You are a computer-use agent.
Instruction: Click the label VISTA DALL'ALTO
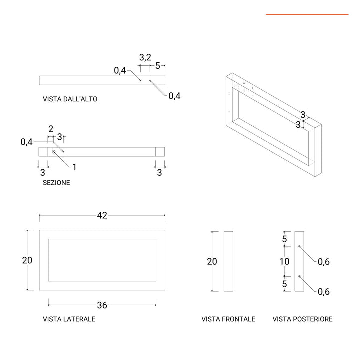click(x=70, y=99)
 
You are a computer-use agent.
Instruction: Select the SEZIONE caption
click(x=56, y=183)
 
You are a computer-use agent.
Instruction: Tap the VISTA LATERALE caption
click(x=69, y=319)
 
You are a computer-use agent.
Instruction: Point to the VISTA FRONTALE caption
click(x=228, y=319)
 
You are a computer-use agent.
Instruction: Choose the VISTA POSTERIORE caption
click(x=302, y=319)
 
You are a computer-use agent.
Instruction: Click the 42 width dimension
click(x=102, y=215)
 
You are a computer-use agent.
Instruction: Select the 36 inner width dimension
click(x=102, y=305)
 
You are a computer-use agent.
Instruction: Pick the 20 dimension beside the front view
click(x=212, y=261)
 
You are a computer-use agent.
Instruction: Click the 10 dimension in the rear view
click(x=284, y=261)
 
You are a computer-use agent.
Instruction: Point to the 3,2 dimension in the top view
click(x=145, y=57)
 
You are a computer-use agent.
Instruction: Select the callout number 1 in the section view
click(x=74, y=167)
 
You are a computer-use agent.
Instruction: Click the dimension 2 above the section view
click(x=51, y=129)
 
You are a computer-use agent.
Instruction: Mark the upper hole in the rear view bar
click(x=299, y=247)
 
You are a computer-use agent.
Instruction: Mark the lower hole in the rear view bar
click(x=299, y=276)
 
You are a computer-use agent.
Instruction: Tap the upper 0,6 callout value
click(x=324, y=262)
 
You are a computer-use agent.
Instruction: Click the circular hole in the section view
click(x=54, y=151)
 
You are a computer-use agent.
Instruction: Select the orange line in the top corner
click(x=307, y=15)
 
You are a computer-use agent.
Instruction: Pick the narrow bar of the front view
click(x=228, y=261)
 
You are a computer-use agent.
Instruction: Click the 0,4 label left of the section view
click(x=27, y=142)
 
